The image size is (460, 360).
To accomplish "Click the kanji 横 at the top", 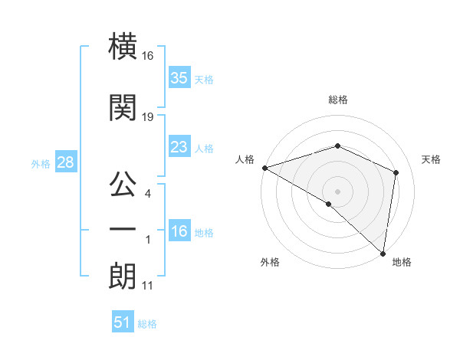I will tap(123, 47).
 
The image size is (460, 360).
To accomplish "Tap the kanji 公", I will tap(123, 183).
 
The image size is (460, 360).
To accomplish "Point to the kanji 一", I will tap(123, 229).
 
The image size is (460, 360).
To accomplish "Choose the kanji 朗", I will tap(123, 275).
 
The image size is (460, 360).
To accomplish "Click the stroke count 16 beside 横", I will tap(148, 56).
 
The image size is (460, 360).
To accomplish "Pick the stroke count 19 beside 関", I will tap(148, 116).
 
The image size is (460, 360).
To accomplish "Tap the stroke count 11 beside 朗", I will tap(148, 286).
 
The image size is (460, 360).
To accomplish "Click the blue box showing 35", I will tap(179, 78).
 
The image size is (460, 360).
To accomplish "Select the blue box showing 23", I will tap(179, 147).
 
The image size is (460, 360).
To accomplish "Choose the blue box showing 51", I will tap(122, 322).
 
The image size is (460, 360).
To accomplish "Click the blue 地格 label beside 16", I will tap(204, 233).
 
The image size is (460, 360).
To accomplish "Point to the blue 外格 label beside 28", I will tap(41, 163).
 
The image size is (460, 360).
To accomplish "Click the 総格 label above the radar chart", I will tap(337, 100).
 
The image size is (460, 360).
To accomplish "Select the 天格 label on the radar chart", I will tap(432, 159).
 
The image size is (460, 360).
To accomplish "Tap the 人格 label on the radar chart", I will tap(245, 159).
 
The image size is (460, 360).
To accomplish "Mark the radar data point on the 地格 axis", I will tap(383, 254).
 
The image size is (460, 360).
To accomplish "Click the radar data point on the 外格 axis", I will tap(328, 204).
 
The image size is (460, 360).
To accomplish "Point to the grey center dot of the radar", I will tap(337, 191).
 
